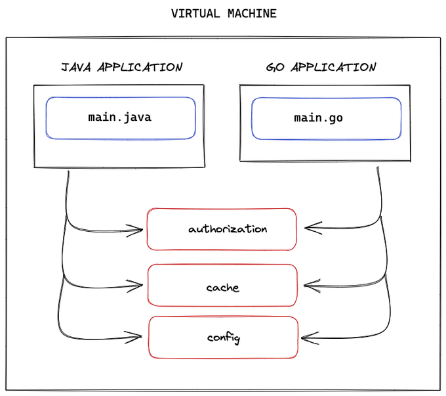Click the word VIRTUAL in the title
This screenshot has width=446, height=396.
195,13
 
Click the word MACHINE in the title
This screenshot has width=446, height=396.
252,13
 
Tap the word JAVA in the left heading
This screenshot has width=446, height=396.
76,67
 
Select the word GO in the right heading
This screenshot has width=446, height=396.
275,67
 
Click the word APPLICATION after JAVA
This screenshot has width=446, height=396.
140,67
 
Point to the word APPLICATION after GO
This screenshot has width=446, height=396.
333,67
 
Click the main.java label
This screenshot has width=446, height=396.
120,118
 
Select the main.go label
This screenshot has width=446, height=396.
318,118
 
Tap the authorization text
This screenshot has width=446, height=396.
228,229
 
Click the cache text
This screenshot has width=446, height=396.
223,287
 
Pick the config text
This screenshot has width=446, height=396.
224,338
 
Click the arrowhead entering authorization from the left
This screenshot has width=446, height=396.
135,231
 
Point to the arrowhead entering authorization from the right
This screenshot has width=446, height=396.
313,228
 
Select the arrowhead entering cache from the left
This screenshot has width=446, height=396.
135,286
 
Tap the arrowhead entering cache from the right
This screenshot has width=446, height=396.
312,286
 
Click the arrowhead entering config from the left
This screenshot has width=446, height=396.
133,337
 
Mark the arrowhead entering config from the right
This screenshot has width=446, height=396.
310,338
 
